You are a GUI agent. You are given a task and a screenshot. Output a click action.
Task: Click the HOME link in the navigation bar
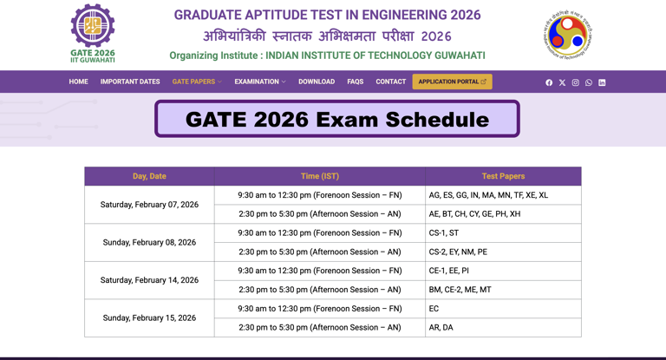[78, 82]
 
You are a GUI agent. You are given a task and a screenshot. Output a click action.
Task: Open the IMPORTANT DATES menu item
[130, 82]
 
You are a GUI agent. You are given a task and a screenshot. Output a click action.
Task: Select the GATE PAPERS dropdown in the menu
[196, 82]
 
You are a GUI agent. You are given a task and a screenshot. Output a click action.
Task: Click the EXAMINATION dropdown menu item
[259, 82]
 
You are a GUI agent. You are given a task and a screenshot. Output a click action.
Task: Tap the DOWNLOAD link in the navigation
[317, 82]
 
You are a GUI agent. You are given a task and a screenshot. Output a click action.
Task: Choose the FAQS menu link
[355, 82]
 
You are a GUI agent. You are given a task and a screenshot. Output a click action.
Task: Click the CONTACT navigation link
[390, 82]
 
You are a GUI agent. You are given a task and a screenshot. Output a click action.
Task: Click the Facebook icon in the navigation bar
[549, 82]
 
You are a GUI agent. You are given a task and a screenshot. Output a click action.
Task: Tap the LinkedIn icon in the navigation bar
[602, 82]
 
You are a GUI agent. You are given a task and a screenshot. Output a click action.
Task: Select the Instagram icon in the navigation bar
[575, 82]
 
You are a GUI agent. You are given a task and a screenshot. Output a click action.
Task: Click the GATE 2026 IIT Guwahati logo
[92, 33]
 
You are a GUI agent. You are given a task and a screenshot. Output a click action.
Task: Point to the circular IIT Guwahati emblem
[568, 36]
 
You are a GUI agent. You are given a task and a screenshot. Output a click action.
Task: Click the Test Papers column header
[503, 176]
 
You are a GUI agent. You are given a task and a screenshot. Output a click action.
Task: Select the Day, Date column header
[149, 176]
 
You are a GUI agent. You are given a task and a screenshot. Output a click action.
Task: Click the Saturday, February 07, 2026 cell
[149, 205]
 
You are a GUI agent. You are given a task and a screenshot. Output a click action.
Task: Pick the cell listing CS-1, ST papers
[503, 232]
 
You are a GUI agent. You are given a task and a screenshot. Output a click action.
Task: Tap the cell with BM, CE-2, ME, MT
[503, 290]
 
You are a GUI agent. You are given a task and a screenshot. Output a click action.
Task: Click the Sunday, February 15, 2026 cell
[149, 318]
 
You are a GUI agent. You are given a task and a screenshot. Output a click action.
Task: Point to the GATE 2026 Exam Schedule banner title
[337, 120]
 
